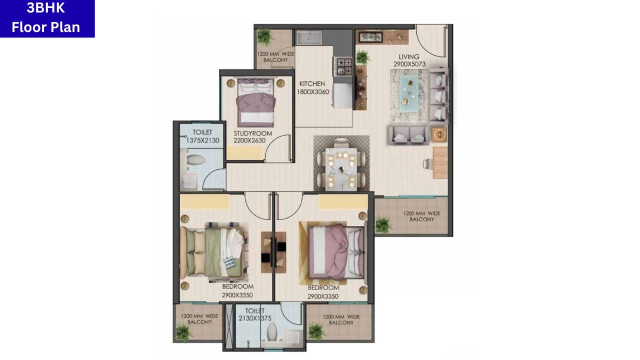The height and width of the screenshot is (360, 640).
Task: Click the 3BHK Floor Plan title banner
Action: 46,18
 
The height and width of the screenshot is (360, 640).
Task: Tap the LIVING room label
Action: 408,56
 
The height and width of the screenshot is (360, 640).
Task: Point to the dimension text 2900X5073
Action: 408,64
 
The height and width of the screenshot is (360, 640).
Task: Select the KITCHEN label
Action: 312,84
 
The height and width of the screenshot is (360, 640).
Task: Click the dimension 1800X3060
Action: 312,91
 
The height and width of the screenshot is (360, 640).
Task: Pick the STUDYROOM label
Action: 253,133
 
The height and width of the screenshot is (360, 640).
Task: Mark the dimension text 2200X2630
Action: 249,140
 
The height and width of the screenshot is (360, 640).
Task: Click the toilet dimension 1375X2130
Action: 202,140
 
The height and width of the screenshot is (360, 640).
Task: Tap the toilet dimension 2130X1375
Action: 254,318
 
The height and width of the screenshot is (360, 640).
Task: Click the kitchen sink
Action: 308,38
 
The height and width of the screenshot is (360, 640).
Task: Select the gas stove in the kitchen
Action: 343,64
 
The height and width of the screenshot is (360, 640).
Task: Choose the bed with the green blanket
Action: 212,252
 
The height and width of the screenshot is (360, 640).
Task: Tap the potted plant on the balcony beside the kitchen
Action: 264,36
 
